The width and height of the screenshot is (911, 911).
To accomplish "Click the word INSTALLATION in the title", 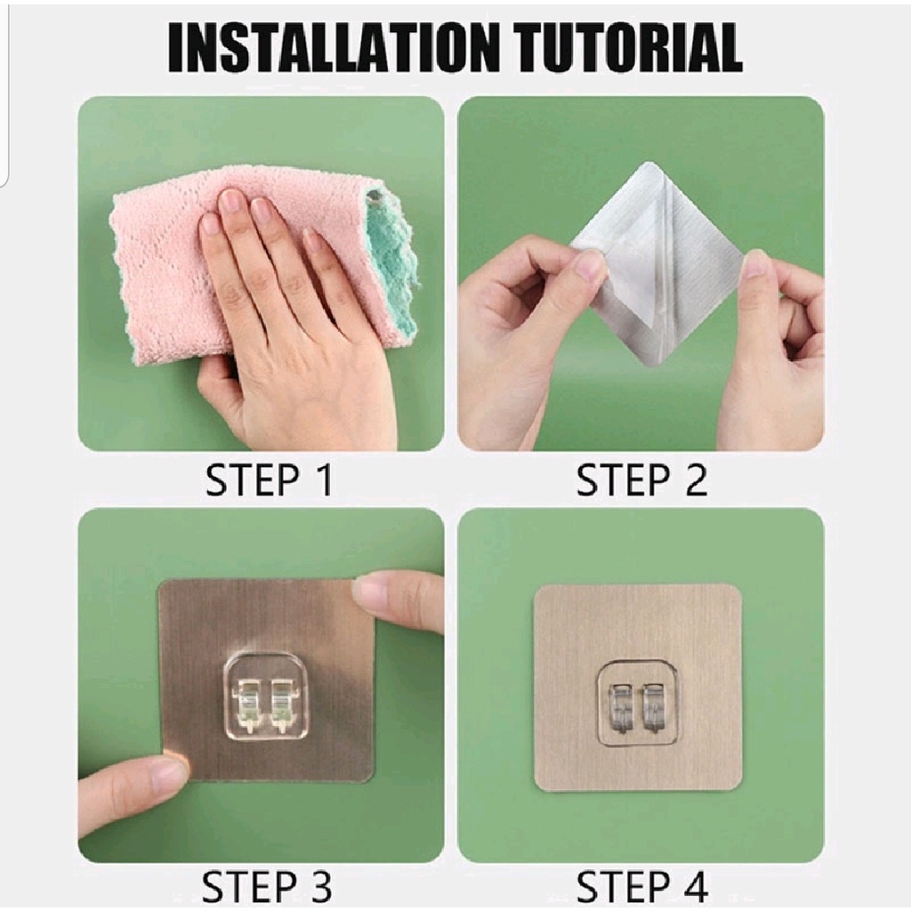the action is [x=334, y=48].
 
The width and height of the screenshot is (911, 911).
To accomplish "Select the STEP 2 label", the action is [x=642, y=480].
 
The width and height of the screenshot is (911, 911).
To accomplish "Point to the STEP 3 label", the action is [x=268, y=887].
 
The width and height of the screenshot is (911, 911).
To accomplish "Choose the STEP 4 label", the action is [x=642, y=887].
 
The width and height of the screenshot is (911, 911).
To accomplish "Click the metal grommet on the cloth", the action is [x=376, y=201].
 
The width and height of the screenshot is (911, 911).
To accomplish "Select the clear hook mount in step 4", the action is [x=640, y=702].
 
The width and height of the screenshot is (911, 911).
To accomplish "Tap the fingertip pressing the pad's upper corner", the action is [x=377, y=593].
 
